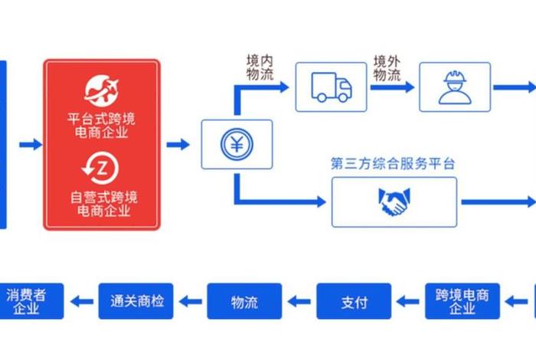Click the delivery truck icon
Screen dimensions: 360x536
pos(331,87)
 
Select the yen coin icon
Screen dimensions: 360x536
pos(237,144)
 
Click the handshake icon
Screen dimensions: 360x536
pos(394,202)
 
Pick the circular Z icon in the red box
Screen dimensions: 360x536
pos(101,165)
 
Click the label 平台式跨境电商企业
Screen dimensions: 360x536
pos(101,126)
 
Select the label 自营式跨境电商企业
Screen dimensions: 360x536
pos(101,204)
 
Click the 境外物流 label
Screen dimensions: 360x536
pos(387,68)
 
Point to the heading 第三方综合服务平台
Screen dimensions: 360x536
pos(393,163)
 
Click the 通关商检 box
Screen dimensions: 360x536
pos(136,302)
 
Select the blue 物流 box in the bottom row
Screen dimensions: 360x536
pos(245,302)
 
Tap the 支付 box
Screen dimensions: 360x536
pos(354,302)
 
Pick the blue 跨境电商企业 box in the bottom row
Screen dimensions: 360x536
pos(462,302)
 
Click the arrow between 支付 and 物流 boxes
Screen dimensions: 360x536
pos(299,302)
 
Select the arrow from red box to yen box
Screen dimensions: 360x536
pos(178,144)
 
